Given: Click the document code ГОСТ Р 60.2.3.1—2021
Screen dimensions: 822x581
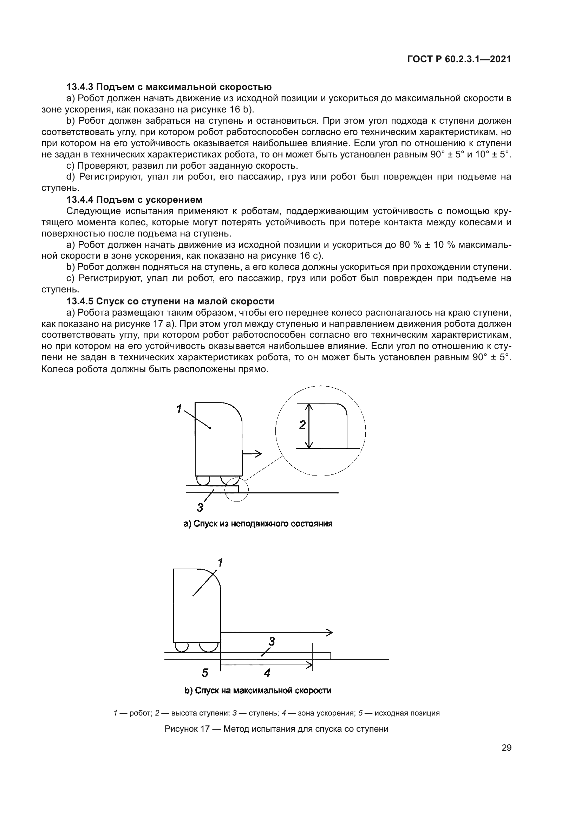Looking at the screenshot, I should click(x=459, y=59).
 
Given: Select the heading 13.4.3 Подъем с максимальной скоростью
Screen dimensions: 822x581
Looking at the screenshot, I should click(x=169, y=87).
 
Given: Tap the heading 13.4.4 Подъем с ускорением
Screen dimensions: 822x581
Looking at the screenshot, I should click(x=134, y=199).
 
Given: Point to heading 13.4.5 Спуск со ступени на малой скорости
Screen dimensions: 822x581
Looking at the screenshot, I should click(x=170, y=301).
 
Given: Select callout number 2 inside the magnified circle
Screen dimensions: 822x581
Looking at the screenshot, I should click(x=302, y=425).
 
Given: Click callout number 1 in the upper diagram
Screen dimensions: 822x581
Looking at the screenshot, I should click(x=179, y=409).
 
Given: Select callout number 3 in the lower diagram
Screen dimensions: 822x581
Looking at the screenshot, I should click(x=272, y=642).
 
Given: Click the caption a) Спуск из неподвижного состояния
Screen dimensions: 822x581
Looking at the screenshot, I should click(x=258, y=524).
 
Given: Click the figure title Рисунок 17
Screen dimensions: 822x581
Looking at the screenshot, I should click(x=276, y=729).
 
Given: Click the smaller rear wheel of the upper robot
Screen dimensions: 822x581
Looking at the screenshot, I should click(x=203, y=480).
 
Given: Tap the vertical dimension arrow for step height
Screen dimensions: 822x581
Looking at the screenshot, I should click(x=310, y=426).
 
